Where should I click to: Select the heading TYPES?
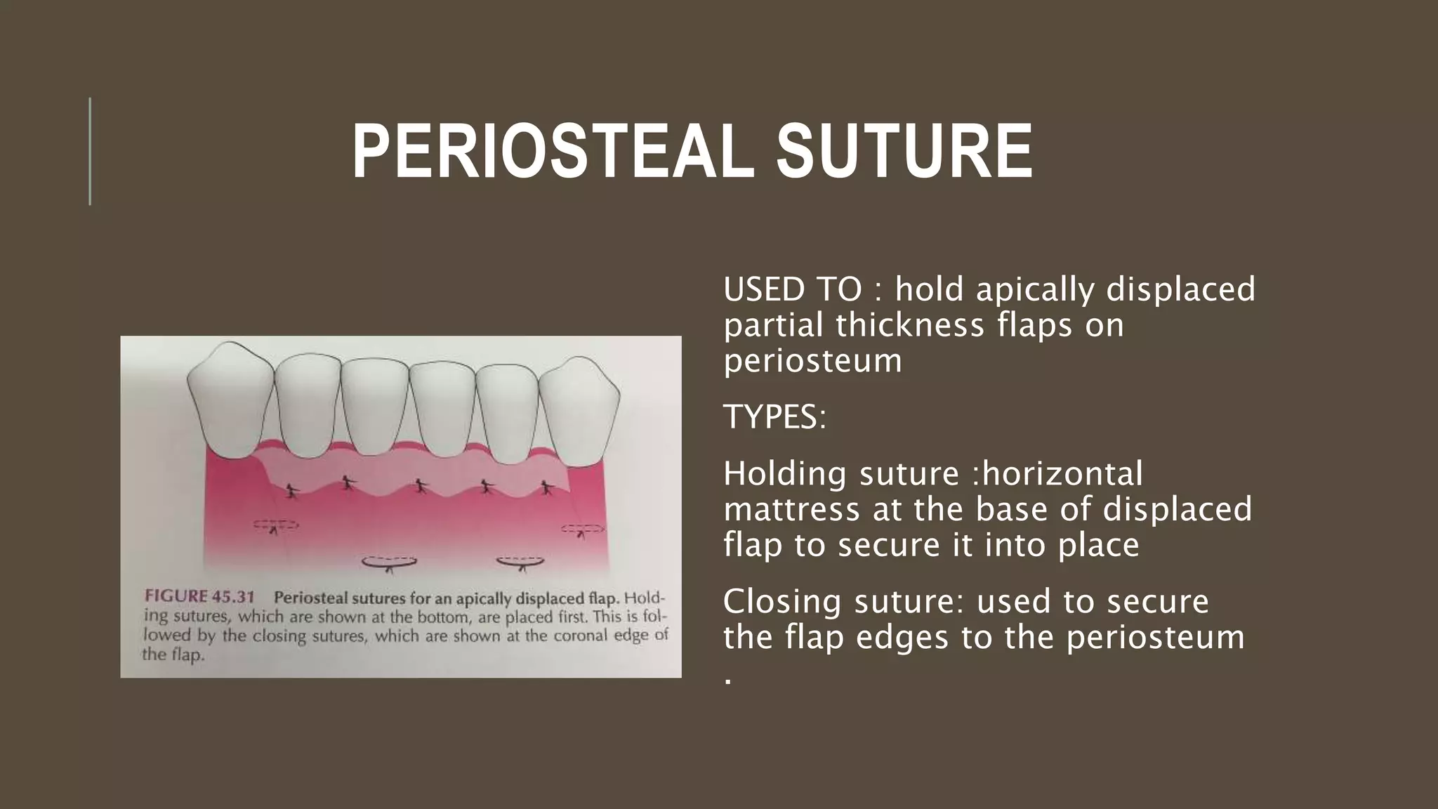[775, 417]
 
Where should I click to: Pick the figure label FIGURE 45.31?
[199, 597]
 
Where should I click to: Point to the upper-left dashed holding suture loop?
[275, 525]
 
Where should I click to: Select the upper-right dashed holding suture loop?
[582, 528]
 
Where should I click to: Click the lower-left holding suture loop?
[389, 562]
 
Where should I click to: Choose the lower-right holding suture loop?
[520, 561]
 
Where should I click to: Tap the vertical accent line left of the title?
[90, 151]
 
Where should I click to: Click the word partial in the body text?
[774, 325]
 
